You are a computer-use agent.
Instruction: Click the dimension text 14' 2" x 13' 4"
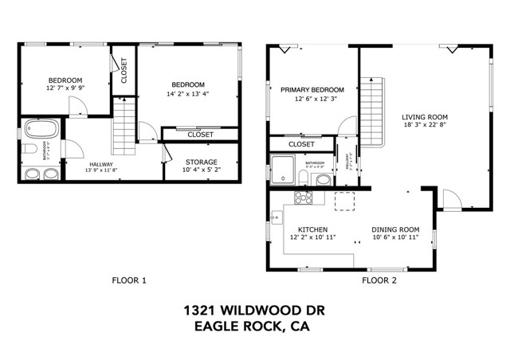188,93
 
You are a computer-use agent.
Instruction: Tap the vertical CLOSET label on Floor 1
124,71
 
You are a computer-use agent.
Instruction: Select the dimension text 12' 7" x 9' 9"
65,88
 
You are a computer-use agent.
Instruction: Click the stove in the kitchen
304,198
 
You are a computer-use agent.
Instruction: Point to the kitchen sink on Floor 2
274,216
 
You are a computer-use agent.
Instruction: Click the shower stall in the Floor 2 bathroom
283,169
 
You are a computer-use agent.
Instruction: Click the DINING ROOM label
395,229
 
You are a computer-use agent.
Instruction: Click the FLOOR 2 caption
379,280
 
